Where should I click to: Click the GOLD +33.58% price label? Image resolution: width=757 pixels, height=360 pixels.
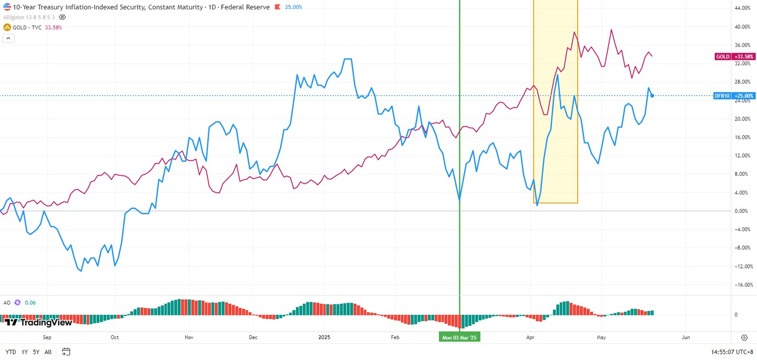coord(735,56)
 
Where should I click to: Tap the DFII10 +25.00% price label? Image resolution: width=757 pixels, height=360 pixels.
coord(734,96)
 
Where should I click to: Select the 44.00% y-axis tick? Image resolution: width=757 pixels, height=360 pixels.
coord(742,8)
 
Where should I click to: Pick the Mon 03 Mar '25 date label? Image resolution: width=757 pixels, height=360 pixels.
coord(459,337)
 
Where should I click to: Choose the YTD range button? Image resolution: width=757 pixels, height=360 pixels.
coord(11,352)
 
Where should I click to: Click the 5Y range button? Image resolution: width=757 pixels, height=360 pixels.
coord(36,352)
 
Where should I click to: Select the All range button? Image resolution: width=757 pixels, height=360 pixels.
coord(48,352)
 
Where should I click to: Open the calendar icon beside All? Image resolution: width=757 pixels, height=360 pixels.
coord(66,352)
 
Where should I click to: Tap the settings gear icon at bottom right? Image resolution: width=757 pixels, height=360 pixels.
coord(744,337)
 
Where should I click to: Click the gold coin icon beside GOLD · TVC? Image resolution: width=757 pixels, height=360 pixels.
coord(7,27)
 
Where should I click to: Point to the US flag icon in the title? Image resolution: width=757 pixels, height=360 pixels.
coord(7,7)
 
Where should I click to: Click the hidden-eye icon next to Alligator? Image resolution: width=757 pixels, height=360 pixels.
coord(62,17)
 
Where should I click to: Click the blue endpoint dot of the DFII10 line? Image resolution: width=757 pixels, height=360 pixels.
coord(652,96)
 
